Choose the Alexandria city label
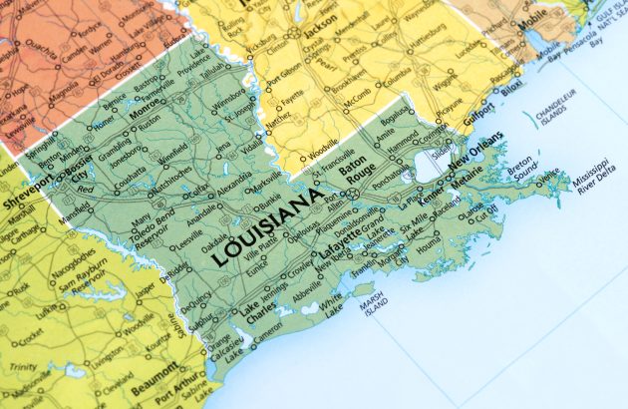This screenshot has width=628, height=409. [235, 186]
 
